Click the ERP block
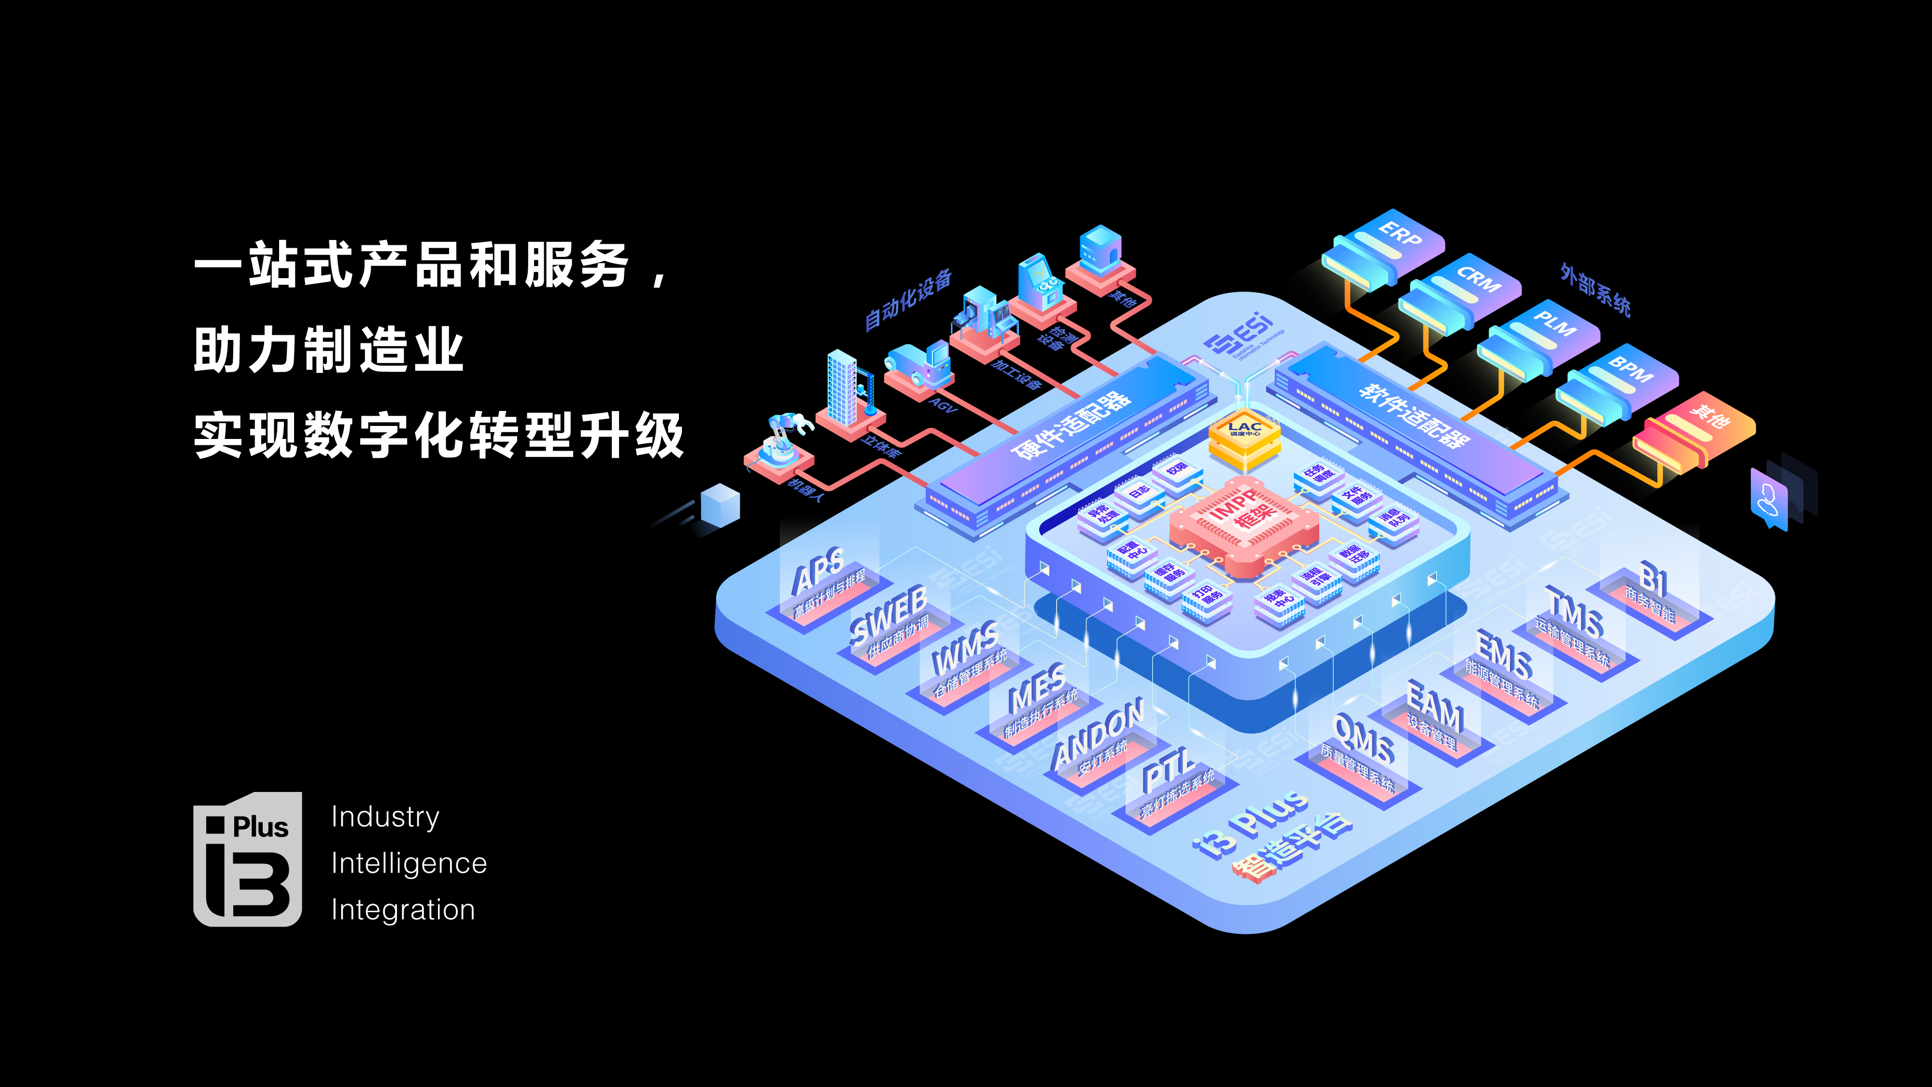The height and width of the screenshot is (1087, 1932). pyautogui.click(x=1384, y=248)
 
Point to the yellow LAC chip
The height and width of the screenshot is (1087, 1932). pyautogui.click(x=1244, y=438)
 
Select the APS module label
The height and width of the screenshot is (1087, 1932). pyautogui.click(x=819, y=572)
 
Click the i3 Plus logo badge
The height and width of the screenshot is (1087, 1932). pyautogui.click(x=248, y=859)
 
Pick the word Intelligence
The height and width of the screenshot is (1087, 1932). pyautogui.click(x=409, y=863)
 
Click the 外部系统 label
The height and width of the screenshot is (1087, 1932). pyautogui.click(x=1595, y=289)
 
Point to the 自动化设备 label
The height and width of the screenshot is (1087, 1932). pyautogui.click(x=907, y=298)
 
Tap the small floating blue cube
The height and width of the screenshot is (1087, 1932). pyautogui.click(x=720, y=504)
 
